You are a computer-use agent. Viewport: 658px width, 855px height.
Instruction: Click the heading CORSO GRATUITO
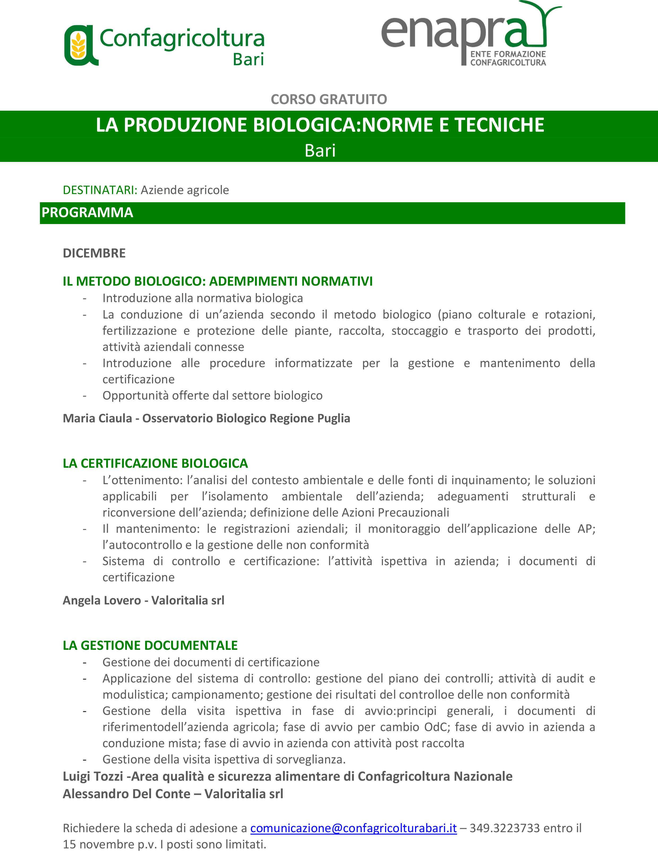click(x=329, y=100)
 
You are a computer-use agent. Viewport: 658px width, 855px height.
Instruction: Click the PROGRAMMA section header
click(x=87, y=213)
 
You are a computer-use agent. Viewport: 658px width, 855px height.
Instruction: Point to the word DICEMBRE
click(x=94, y=253)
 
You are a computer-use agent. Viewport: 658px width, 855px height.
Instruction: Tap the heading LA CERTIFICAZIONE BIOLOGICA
click(x=155, y=463)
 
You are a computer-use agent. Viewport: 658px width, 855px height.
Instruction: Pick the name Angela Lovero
click(x=102, y=600)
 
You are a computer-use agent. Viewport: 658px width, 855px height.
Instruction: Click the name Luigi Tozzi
click(x=93, y=776)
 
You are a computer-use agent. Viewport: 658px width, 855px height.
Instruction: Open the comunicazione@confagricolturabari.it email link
click(x=354, y=828)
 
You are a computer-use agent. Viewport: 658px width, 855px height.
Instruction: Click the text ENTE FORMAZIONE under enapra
click(x=508, y=54)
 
